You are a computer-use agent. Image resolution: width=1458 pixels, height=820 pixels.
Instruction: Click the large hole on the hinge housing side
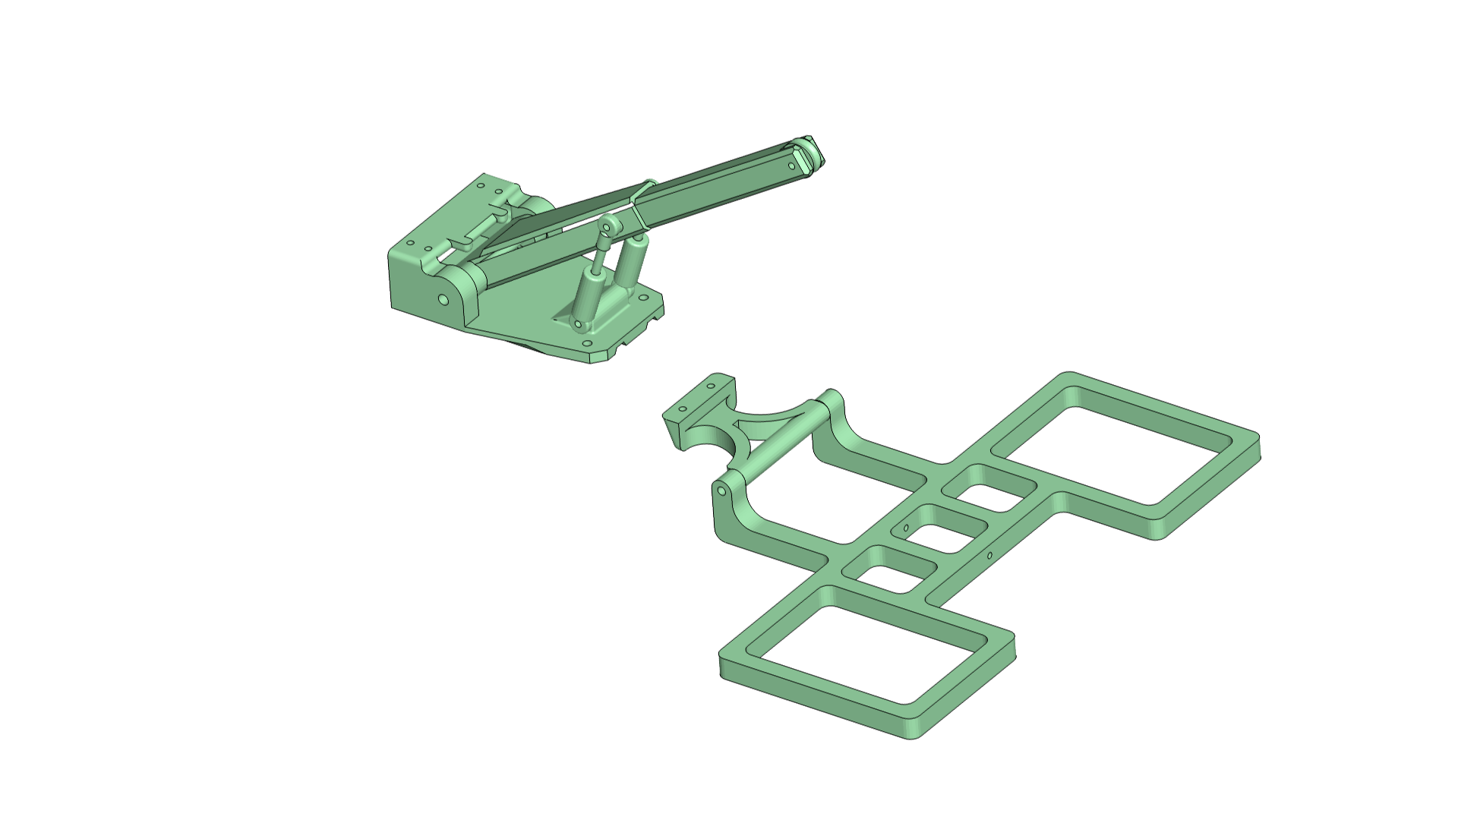(x=443, y=300)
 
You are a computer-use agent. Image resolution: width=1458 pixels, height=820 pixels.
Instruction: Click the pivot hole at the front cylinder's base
(x=578, y=324)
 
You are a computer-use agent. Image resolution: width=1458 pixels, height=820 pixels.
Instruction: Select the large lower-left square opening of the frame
(x=866, y=653)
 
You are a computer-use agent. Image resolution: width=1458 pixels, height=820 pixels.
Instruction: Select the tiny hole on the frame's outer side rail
(x=990, y=555)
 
